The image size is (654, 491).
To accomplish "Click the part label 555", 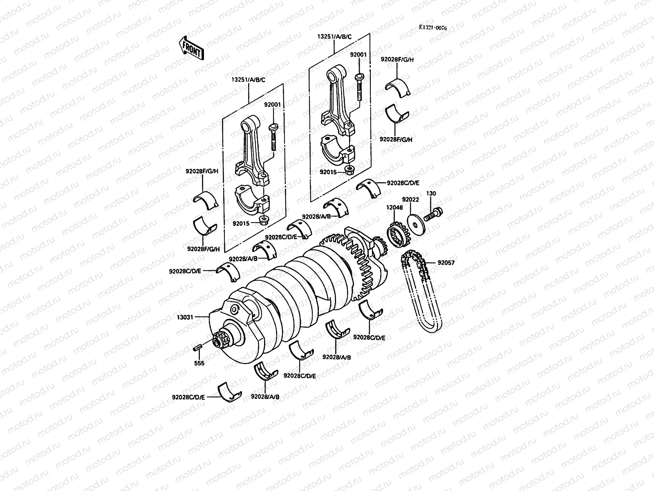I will click(x=200, y=363).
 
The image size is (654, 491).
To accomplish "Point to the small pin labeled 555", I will click(x=197, y=348).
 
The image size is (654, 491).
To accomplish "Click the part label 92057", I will click(x=446, y=263).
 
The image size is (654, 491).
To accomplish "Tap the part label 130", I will click(x=431, y=193).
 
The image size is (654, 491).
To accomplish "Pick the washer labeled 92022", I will click(x=416, y=221).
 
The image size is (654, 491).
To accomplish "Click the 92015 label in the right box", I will click(x=329, y=172).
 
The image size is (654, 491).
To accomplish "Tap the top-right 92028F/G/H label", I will click(x=397, y=59).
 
